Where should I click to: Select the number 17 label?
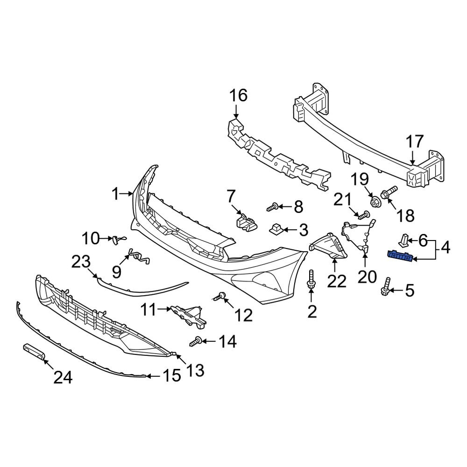coord(414,142)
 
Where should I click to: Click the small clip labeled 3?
coord(275,229)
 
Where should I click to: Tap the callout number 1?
coord(116,194)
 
